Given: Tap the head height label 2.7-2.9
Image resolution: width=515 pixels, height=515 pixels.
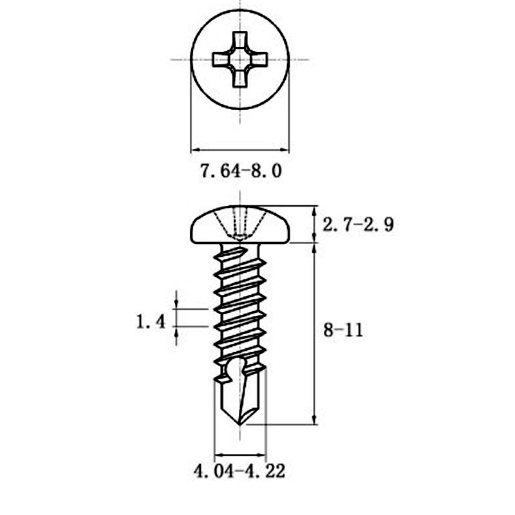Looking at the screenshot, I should pyautogui.click(x=359, y=225).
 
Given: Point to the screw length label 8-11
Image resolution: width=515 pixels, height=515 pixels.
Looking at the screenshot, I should pyautogui.click(x=342, y=330).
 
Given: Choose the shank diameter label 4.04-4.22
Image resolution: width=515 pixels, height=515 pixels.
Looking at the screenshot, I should pyautogui.click(x=239, y=472).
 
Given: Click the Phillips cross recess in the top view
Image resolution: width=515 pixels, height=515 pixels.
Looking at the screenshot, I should pyautogui.click(x=239, y=59).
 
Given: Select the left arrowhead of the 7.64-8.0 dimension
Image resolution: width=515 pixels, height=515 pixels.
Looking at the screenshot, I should pyautogui.click(x=194, y=150).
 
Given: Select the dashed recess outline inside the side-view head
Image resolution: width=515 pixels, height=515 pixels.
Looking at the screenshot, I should pyautogui.click(x=240, y=225).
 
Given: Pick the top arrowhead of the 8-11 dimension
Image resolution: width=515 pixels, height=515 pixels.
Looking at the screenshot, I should pyautogui.click(x=314, y=248).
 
